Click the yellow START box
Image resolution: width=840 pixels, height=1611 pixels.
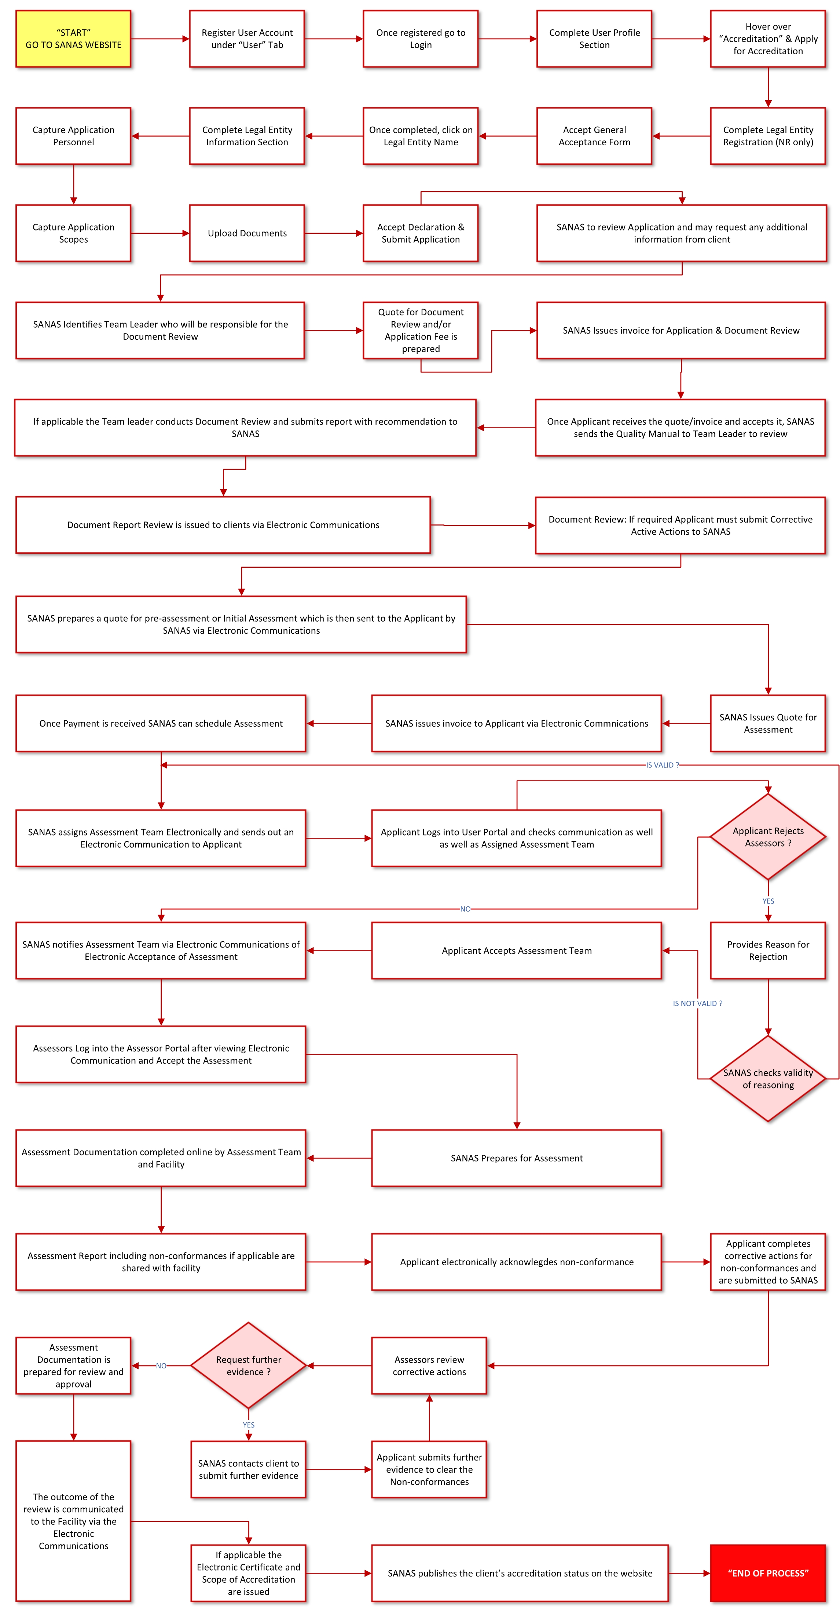pyautogui.click(x=73, y=39)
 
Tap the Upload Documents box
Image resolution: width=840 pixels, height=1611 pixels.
pyautogui.click(x=247, y=233)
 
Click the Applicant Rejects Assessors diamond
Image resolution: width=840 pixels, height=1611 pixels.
pyautogui.click(x=768, y=837)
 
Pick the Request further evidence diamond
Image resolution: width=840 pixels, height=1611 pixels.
pyautogui.click(x=248, y=1365)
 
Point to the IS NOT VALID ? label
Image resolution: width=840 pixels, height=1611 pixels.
pyautogui.click(x=697, y=1003)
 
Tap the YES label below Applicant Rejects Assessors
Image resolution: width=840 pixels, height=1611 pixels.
pyautogui.click(x=768, y=901)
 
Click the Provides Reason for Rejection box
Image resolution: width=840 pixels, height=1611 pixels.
pyautogui.click(x=768, y=950)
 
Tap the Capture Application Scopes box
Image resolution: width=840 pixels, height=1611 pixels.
pyautogui.click(x=73, y=233)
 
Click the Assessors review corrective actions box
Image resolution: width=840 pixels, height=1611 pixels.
pyautogui.click(x=429, y=1366)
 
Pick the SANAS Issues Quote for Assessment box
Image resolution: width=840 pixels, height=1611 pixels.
pyautogui.click(x=768, y=724)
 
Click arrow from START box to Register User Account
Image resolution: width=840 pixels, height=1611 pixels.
pyautogui.click(x=160, y=39)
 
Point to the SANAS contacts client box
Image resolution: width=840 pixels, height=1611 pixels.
pyautogui.click(x=248, y=1470)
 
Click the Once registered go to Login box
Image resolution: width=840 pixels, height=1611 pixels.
pyautogui.click(x=421, y=39)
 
